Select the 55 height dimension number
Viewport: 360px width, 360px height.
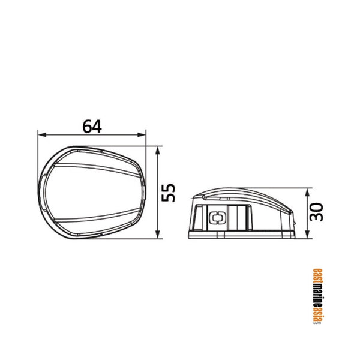[169, 193]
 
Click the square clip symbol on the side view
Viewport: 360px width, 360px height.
[215, 218]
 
